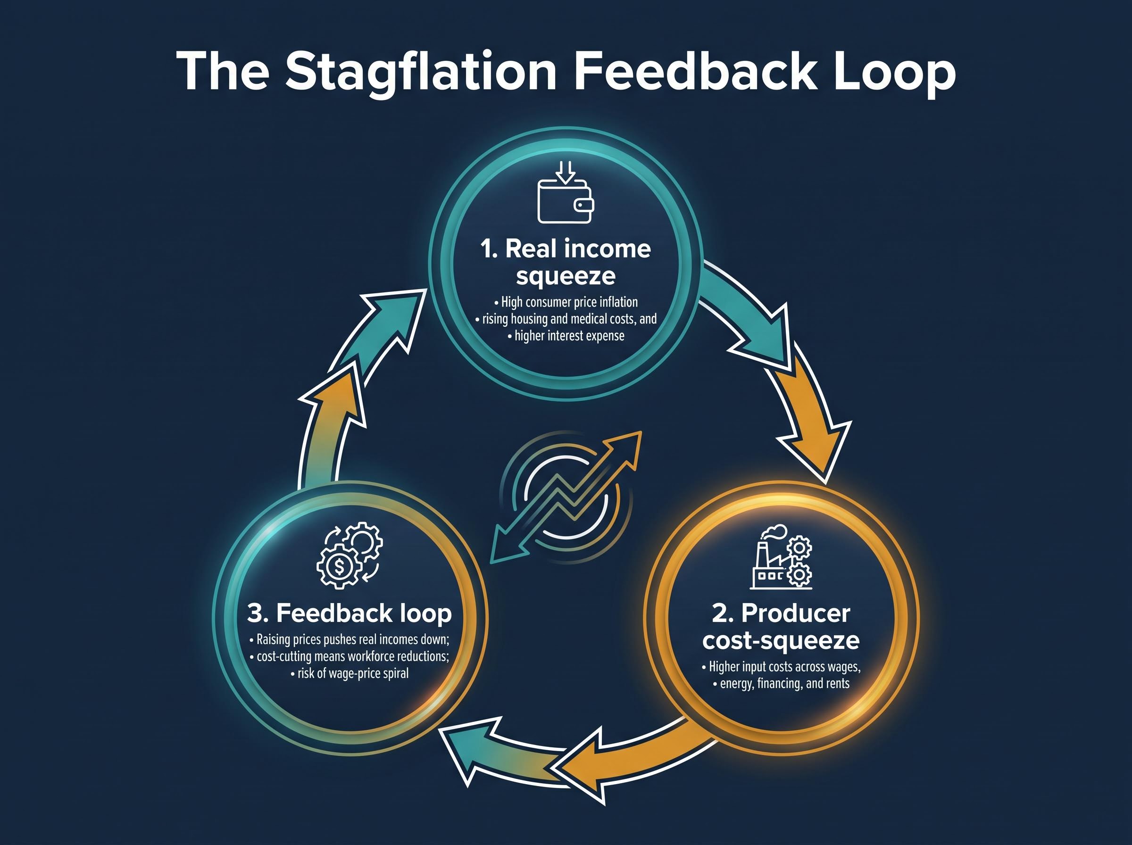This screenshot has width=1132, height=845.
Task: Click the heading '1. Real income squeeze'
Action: click(x=565, y=262)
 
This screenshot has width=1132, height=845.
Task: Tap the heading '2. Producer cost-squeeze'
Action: click(x=781, y=627)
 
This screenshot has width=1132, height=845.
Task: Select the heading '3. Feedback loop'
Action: click(x=350, y=613)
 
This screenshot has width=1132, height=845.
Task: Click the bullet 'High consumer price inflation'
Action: click(x=565, y=302)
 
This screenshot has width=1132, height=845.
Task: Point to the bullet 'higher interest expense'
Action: click(x=566, y=336)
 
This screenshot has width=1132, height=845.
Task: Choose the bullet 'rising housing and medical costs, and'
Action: click(x=566, y=319)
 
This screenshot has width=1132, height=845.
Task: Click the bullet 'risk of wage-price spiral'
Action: click(x=350, y=673)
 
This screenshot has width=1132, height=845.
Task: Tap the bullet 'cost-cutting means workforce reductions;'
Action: click(x=350, y=656)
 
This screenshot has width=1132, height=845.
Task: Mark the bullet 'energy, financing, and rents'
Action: click(x=781, y=683)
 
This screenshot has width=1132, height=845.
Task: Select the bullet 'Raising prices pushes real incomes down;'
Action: click(x=350, y=639)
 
